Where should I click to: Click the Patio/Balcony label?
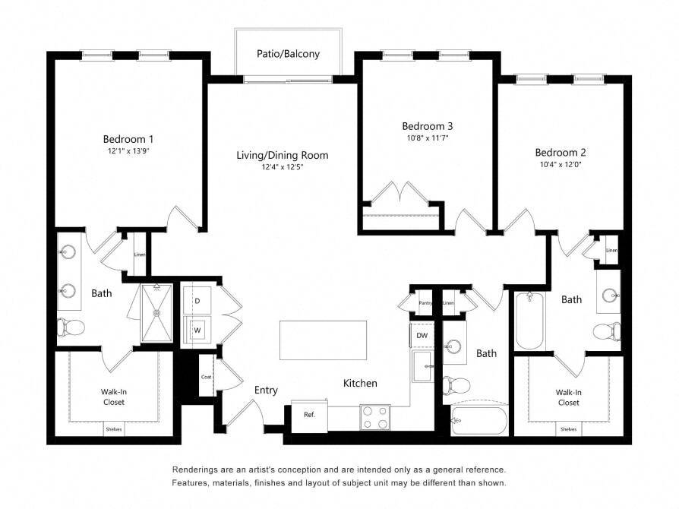(x=288, y=54)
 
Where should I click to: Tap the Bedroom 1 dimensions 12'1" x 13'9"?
(x=128, y=151)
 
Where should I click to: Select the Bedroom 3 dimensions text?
(x=428, y=138)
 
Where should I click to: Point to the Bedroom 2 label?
(x=561, y=153)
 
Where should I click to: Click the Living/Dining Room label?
(x=283, y=155)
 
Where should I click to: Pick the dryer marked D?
(x=197, y=300)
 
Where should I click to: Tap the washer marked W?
(x=197, y=330)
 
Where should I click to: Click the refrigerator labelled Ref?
(x=309, y=415)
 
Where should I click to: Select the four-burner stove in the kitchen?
(x=375, y=418)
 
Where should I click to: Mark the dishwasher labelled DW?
(x=422, y=335)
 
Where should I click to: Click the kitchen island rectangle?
(x=323, y=340)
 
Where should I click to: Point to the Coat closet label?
(x=206, y=377)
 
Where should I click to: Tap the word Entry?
(x=266, y=390)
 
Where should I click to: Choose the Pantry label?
(x=425, y=303)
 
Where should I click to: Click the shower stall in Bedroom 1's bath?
(x=156, y=312)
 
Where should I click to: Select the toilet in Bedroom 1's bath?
(x=71, y=327)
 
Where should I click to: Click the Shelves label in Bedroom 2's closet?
(x=568, y=429)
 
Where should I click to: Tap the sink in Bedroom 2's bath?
(x=611, y=295)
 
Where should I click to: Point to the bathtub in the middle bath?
(x=479, y=421)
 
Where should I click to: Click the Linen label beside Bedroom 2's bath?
(x=611, y=251)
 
